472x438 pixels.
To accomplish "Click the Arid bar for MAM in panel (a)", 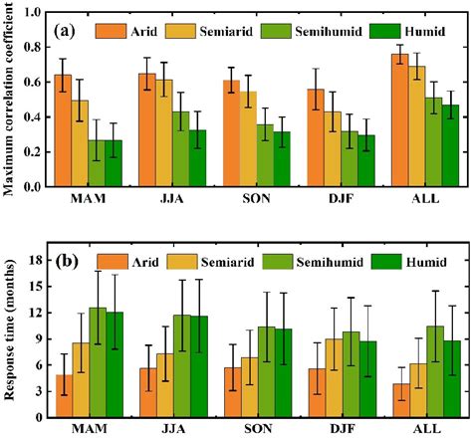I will tap(63, 130).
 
